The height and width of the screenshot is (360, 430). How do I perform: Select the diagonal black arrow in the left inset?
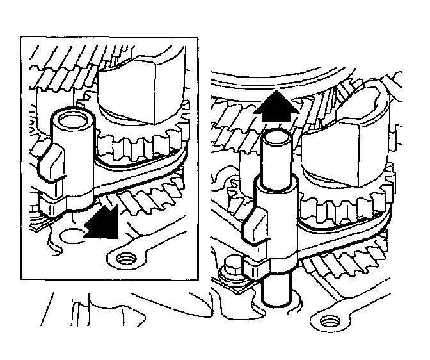point(102,218)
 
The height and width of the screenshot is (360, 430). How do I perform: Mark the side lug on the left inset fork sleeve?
point(49,160)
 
